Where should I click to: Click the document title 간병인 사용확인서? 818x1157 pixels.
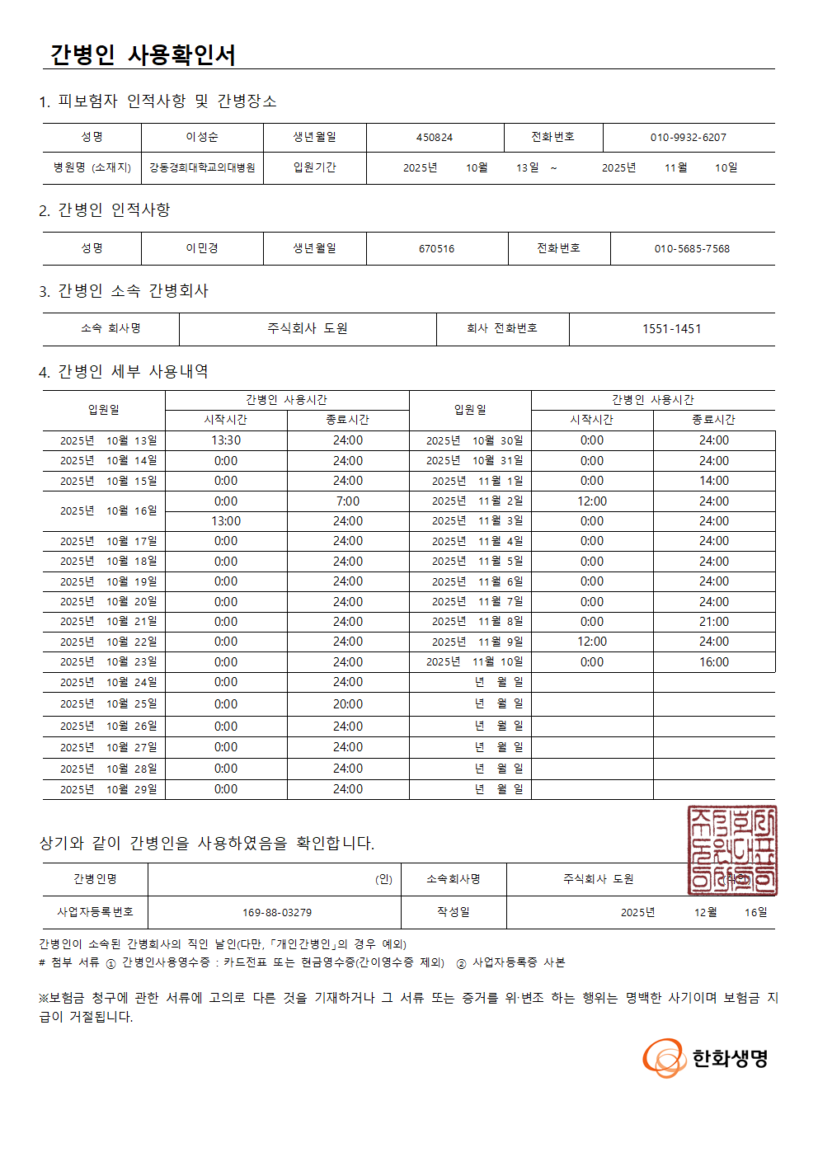pyautogui.click(x=143, y=54)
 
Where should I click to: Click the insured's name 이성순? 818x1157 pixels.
pyautogui.click(x=202, y=137)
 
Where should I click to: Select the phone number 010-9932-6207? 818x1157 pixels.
pyautogui.click(x=688, y=138)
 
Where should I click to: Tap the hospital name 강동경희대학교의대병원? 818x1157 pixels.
pyautogui.click(x=202, y=167)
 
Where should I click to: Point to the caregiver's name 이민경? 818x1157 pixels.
pyautogui.click(x=202, y=248)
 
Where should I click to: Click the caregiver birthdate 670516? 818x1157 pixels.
pyautogui.click(x=436, y=249)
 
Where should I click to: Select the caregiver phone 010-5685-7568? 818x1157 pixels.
pyautogui.click(x=692, y=249)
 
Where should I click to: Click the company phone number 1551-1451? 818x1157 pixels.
pyautogui.click(x=671, y=329)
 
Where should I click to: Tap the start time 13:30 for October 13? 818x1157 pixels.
pyautogui.click(x=226, y=440)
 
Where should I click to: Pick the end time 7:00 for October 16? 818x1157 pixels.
pyautogui.click(x=347, y=501)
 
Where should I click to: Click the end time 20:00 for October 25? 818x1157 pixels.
pyautogui.click(x=347, y=704)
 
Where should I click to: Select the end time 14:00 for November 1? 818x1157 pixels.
pyautogui.click(x=713, y=481)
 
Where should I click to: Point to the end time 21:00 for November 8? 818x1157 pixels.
pyautogui.click(x=713, y=622)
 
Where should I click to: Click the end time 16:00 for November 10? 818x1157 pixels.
pyautogui.click(x=713, y=662)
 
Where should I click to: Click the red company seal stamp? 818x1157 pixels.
pyautogui.click(x=731, y=850)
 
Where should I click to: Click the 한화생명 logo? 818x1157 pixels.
pyautogui.click(x=706, y=1058)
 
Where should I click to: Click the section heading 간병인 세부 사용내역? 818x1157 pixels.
pyautogui.click(x=133, y=372)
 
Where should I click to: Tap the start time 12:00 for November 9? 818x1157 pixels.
pyautogui.click(x=591, y=642)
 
